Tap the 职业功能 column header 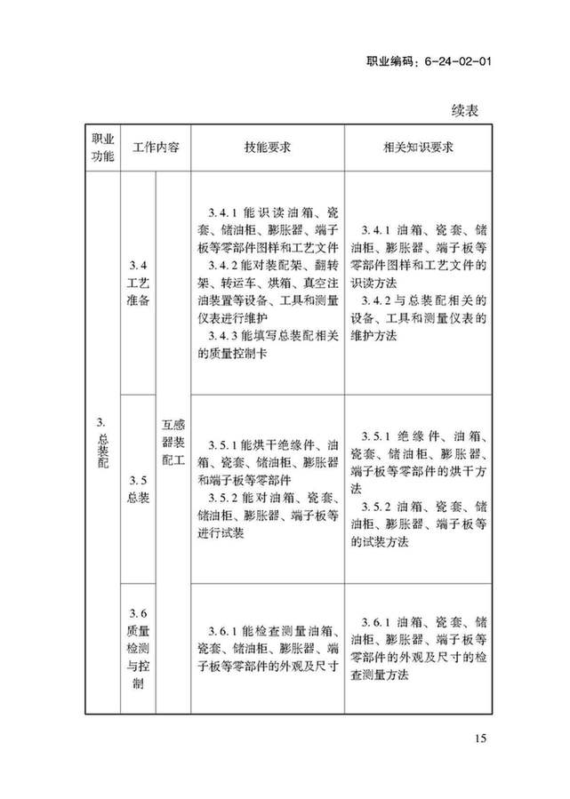coord(102,148)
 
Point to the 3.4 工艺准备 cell coord(138,284)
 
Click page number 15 coord(481,739)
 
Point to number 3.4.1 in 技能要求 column coord(220,215)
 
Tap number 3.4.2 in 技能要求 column coord(220,266)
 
